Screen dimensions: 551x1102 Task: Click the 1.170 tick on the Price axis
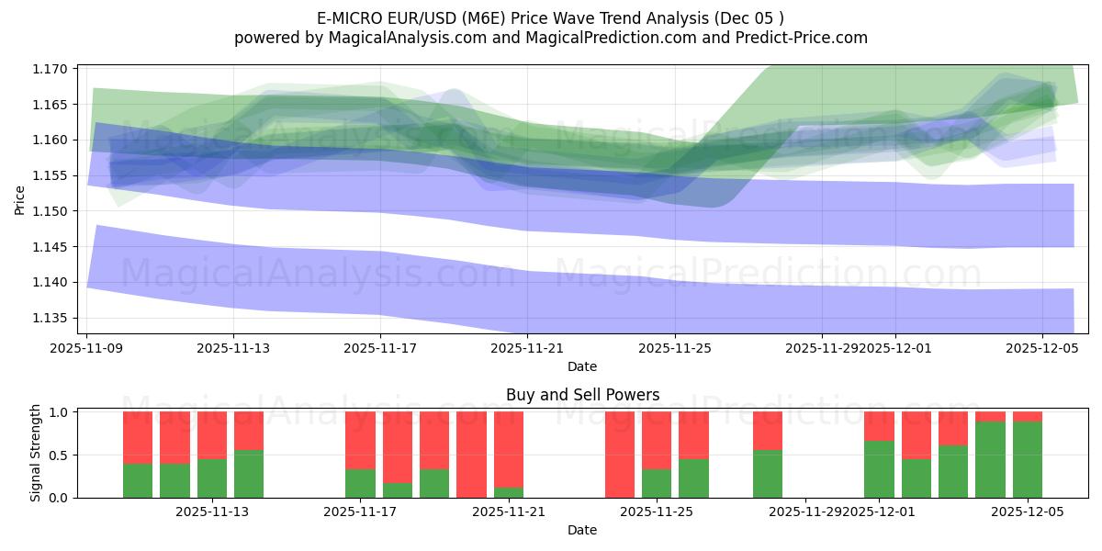coord(51,69)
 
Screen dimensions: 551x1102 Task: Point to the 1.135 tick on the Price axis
coord(51,318)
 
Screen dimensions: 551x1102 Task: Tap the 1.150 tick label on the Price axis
coord(51,211)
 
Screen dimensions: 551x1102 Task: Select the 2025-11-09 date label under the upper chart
coord(86,348)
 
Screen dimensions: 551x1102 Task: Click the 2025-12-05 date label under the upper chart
coord(1041,348)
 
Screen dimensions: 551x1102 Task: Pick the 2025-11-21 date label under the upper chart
coord(527,348)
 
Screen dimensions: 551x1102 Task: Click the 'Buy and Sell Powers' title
coord(582,395)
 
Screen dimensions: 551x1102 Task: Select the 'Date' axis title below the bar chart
coord(582,530)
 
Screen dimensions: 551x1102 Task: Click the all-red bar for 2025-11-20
coord(471,455)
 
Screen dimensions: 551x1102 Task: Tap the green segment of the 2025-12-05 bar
coord(1028,459)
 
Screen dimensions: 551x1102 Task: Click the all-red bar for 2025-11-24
coord(620,455)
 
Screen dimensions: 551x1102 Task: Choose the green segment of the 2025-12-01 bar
coord(879,469)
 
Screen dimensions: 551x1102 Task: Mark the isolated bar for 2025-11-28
coord(768,455)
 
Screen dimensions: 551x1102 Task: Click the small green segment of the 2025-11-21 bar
coord(509,492)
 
